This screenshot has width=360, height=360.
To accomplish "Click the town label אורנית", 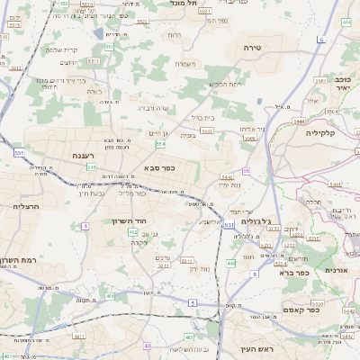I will coord(336,270).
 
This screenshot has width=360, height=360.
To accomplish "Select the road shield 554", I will coord(160,143).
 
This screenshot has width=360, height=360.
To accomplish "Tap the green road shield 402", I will coord(132,232).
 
